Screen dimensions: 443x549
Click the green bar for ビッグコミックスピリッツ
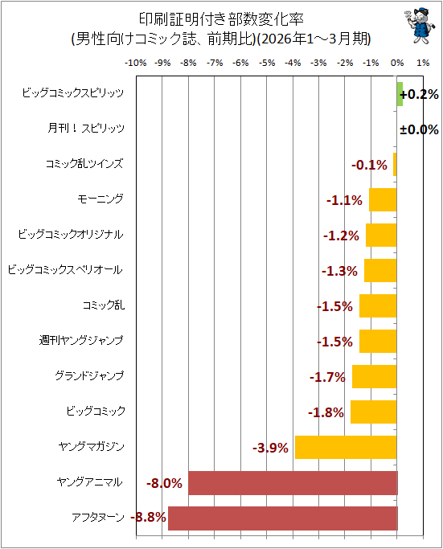(x=400, y=94)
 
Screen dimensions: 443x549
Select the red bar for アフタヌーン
(x=283, y=518)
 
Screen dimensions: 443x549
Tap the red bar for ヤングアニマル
(x=293, y=483)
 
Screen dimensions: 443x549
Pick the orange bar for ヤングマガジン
(x=346, y=447)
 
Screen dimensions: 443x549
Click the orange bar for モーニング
(x=383, y=199)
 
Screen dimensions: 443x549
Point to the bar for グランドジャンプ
(x=375, y=376)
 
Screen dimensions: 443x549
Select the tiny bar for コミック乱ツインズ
(x=395, y=164)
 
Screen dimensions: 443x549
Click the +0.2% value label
(x=419, y=94)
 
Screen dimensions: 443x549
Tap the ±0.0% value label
(x=419, y=129)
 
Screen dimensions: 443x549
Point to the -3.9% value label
(x=270, y=448)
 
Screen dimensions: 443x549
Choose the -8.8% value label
(x=148, y=517)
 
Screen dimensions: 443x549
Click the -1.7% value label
(x=327, y=377)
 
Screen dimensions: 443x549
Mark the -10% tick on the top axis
(x=136, y=63)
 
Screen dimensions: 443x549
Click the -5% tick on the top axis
(x=266, y=63)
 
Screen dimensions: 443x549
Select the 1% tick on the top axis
(x=423, y=63)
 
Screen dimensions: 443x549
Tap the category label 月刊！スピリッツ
(x=86, y=128)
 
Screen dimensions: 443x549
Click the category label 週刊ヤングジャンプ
(x=81, y=340)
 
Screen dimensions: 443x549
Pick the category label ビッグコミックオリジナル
(x=71, y=234)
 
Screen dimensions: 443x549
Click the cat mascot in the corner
(x=420, y=26)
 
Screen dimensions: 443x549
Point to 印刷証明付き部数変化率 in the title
(x=221, y=19)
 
